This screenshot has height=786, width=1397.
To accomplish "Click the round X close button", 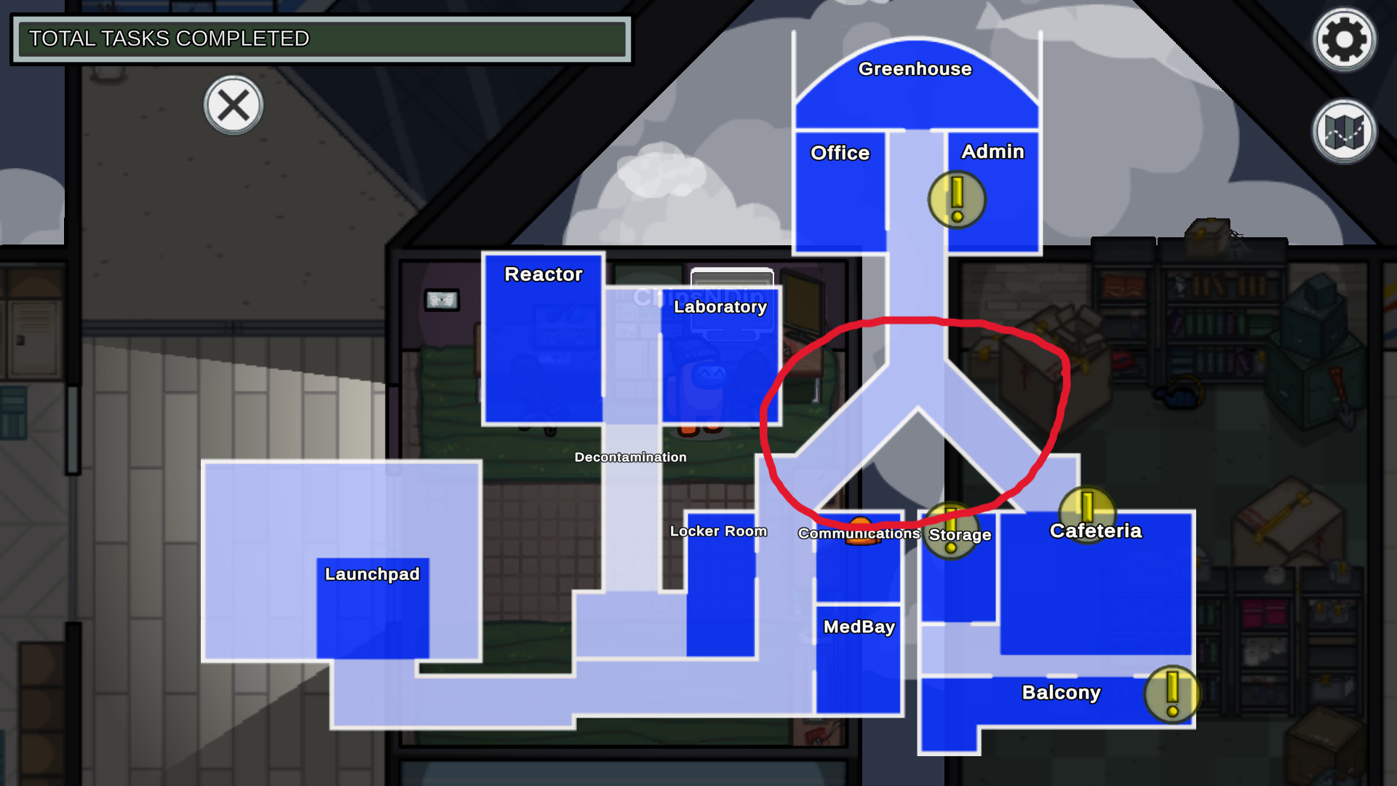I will coord(233,106).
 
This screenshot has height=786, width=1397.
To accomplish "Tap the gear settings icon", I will coord(1344,39).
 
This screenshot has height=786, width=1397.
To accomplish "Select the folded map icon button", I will coord(1344,132).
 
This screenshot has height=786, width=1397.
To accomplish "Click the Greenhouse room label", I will coord(915,69).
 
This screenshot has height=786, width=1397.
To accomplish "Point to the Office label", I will coord(840,153).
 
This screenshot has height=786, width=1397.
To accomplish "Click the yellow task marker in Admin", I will coord(957,199).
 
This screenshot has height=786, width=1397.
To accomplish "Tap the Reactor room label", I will coord(544,274).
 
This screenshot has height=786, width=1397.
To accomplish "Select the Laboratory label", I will coord(720,307).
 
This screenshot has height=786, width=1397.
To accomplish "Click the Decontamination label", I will coord(630,457).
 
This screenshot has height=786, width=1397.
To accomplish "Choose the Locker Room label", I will coord(718,531).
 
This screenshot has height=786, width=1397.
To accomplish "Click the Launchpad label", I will coord(372,574).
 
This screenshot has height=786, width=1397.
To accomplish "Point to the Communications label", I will coord(859,533).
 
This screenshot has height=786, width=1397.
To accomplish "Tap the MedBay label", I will coord(859,627).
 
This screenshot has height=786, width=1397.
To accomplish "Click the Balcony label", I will coord(1061,692).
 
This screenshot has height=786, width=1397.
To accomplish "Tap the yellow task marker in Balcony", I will coord(1171,694).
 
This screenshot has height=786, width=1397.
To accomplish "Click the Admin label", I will coord(992,151).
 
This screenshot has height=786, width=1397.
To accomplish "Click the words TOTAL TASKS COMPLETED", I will coord(169,39).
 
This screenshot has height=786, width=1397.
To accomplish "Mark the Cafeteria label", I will coord(1095,531).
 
